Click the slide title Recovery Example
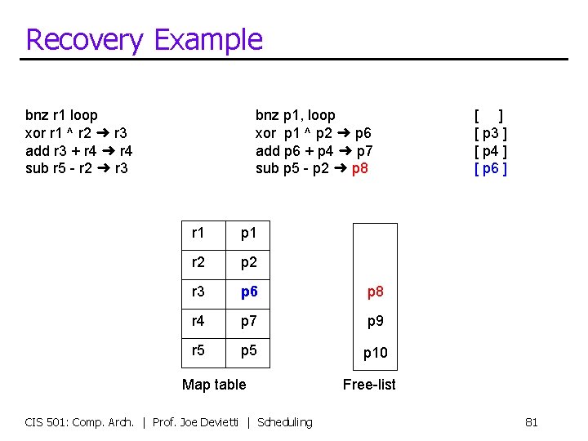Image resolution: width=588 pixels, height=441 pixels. pos(144,39)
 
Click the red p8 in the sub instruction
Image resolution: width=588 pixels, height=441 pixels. pos(359,169)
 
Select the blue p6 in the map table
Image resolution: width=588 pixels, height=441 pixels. pos(249,292)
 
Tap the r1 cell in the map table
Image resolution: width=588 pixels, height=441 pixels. pos(198,233)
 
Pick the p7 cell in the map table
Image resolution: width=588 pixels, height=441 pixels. pos(249,321)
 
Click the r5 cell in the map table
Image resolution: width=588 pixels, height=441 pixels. pos(198,350)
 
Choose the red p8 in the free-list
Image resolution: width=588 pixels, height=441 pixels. pos(375,292)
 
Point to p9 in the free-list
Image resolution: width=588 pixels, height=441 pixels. pos(375,321)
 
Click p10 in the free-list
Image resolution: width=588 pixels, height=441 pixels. pos(375,353)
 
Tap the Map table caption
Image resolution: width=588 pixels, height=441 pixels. pos(214,384)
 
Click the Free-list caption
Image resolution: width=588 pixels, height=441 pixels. pos(369,384)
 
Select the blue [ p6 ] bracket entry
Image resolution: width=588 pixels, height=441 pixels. pos(491,169)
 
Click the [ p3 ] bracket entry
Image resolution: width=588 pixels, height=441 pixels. pos(491,133)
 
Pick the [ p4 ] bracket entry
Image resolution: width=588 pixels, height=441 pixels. pos(491,151)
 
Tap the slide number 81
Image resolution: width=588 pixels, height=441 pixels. pos(531,422)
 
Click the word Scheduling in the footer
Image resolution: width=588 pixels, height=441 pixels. pos(284,422)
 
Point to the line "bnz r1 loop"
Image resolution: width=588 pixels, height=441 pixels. pos(61,115)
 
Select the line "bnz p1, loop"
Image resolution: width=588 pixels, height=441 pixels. pos(295,115)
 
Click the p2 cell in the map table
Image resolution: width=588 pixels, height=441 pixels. pos(249,262)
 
